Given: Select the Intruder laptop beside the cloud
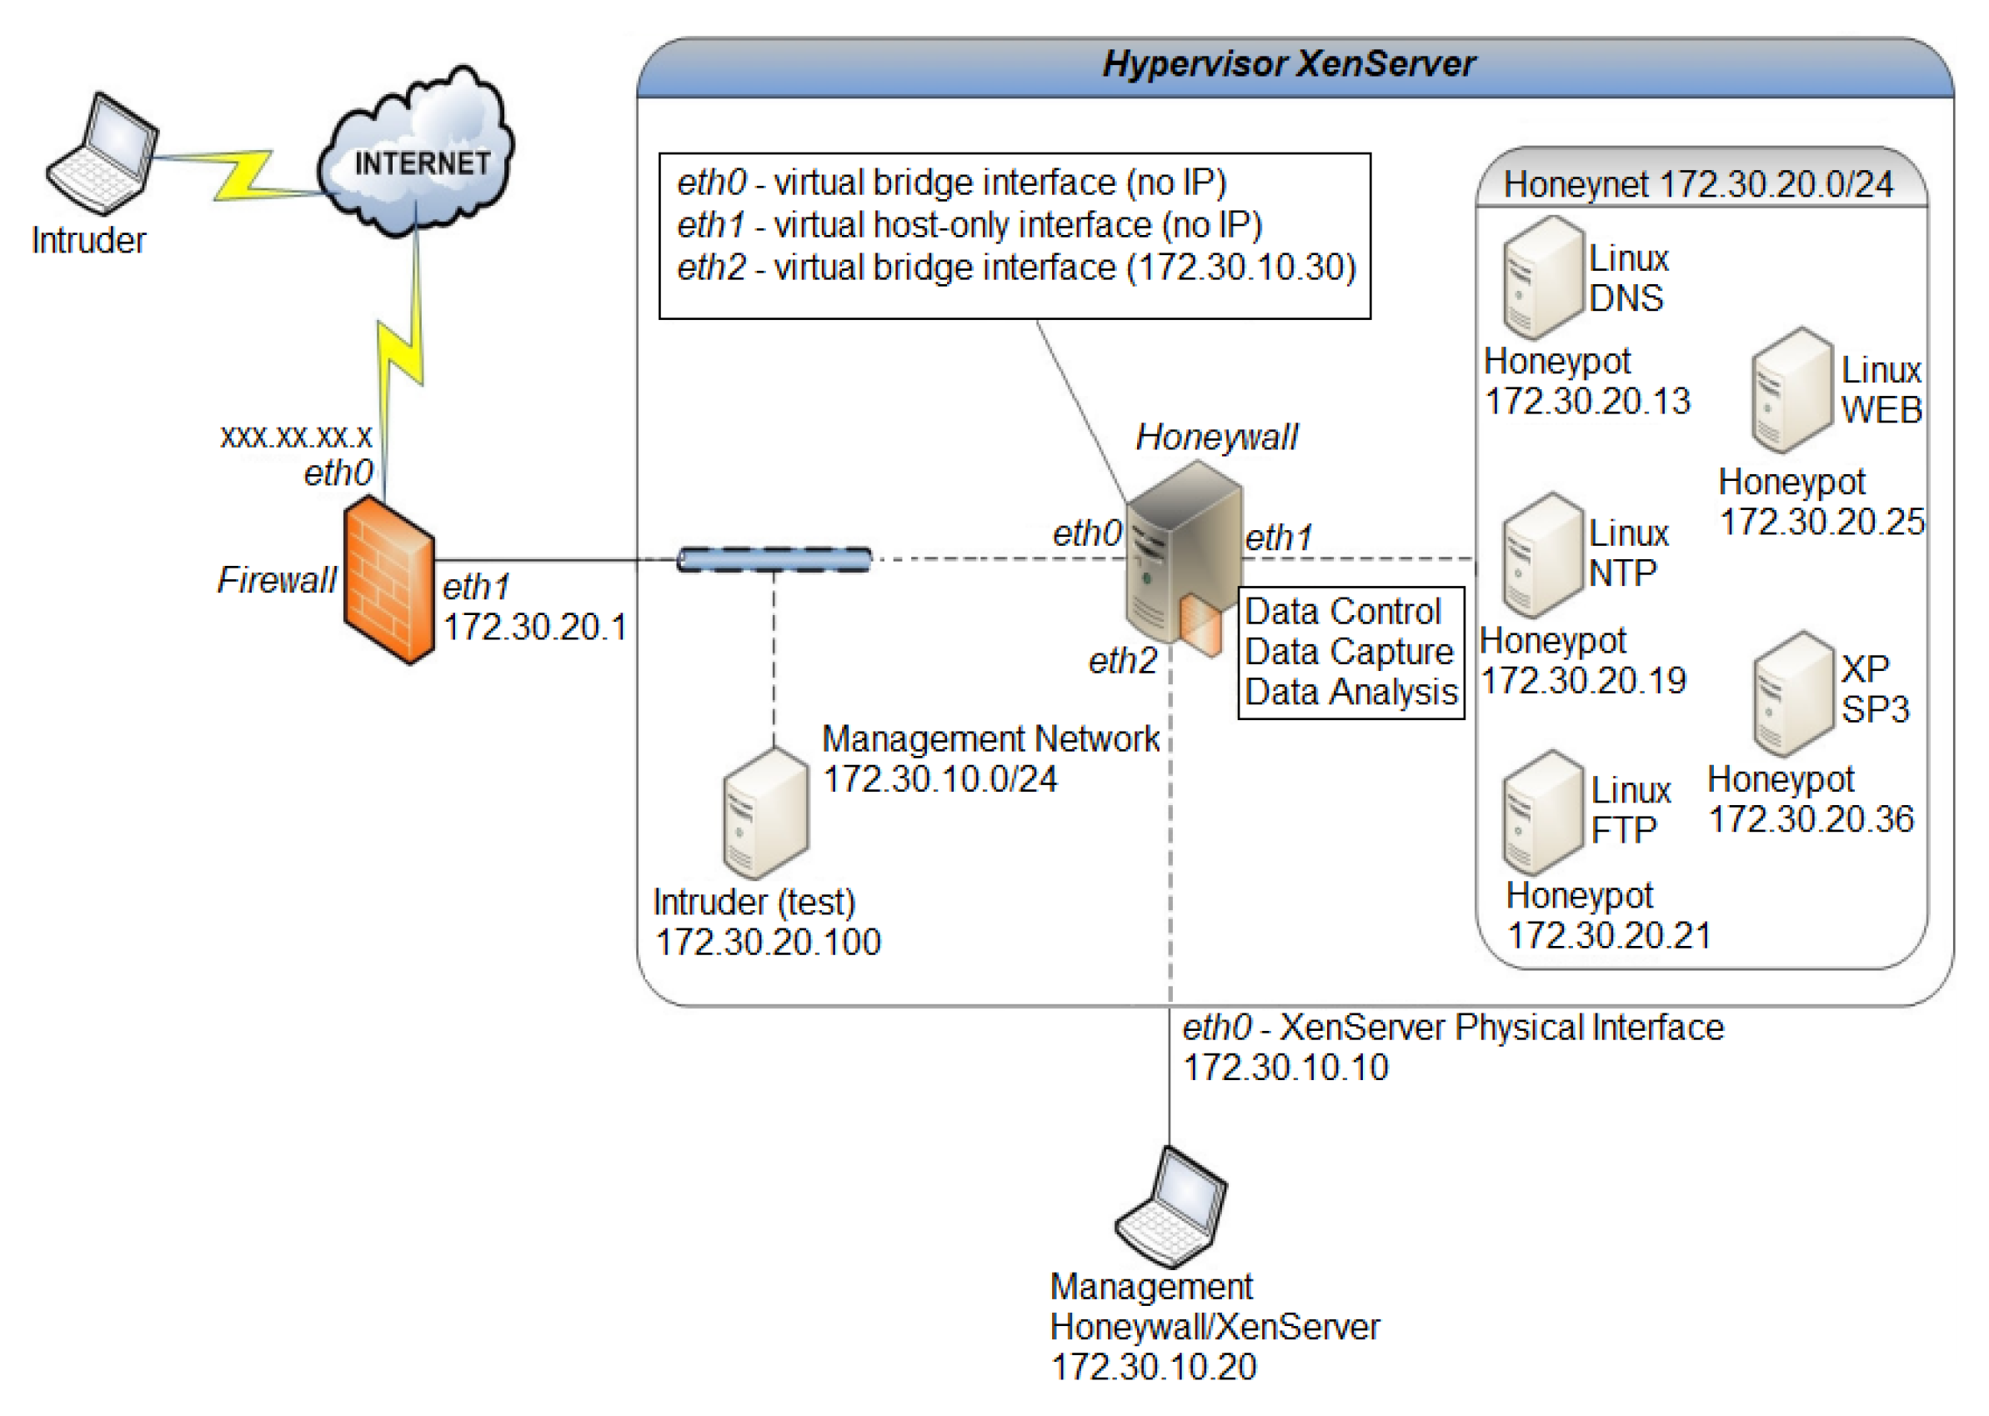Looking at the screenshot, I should click(x=103, y=155).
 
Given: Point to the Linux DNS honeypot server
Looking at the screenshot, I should click(x=1541, y=278).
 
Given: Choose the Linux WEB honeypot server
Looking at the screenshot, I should click(x=1791, y=391).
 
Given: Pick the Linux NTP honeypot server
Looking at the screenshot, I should click(x=1541, y=554).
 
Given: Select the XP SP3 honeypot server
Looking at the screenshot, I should click(x=1791, y=693).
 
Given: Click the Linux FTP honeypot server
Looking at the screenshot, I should click(x=1541, y=813).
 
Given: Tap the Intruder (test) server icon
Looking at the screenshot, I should click(x=764, y=814).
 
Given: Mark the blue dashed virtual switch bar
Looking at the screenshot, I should click(x=774, y=560).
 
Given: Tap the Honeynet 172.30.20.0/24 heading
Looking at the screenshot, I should click(x=1698, y=185).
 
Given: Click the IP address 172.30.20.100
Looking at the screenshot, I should click(x=768, y=943).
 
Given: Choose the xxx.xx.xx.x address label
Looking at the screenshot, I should click(x=296, y=436).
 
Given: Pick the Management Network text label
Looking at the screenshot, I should click(x=989, y=739).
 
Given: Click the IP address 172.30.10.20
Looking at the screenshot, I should click(x=1153, y=1367).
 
